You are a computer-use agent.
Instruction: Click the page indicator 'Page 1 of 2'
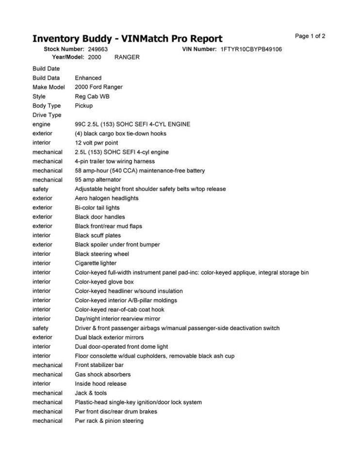pyautogui.click(x=310, y=36)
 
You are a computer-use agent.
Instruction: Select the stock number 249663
pyautogui.click(x=98, y=49)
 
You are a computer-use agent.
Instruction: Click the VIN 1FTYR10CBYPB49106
pyautogui.click(x=251, y=49)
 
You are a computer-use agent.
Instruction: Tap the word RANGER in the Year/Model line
pyautogui.click(x=127, y=57)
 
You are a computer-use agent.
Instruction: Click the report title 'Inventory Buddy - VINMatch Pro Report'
pyautogui.click(x=127, y=39)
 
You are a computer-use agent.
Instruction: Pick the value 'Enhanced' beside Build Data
pyautogui.click(x=88, y=78)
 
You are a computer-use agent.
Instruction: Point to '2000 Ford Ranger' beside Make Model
pyautogui.click(x=98, y=87)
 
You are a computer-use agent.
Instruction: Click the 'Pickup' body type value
pyautogui.click(x=83, y=106)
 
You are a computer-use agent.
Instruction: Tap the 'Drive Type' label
pyautogui.click(x=47, y=115)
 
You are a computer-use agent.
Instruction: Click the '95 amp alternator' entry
pyautogui.click(x=98, y=180)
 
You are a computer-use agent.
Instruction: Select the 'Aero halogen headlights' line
pyautogui.click(x=106, y=198)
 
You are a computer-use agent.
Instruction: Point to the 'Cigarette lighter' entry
pyautogui.click(x=96, y=263)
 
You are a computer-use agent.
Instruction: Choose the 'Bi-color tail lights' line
pyautogui.click(x=97, y=208)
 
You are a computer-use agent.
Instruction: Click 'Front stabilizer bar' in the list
pyautogui.click(x=99, y=365)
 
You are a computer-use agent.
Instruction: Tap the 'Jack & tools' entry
pyautogui.click(x=91, y=393)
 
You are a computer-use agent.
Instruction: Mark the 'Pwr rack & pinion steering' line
pyautogui.click(x=109, y=421)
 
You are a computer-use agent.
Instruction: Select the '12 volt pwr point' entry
pyautogui.click(x=96, y=143)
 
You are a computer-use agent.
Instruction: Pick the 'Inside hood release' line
pyautogui.click(x=100, y=383)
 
